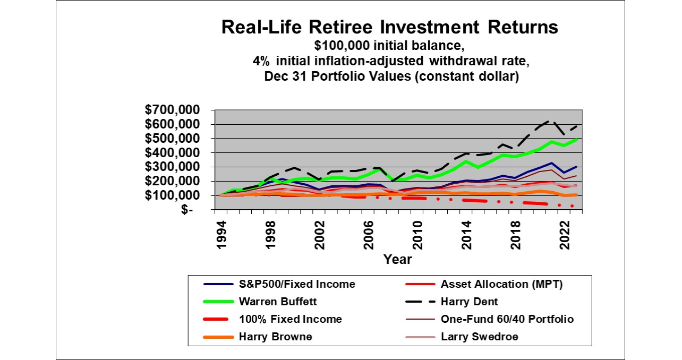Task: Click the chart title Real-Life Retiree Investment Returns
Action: [390, 28]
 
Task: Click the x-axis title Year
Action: [397, 260]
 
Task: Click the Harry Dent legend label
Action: [470, 302]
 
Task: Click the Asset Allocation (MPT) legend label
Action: [501, 284]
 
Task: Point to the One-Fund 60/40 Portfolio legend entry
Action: [507, 319]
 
